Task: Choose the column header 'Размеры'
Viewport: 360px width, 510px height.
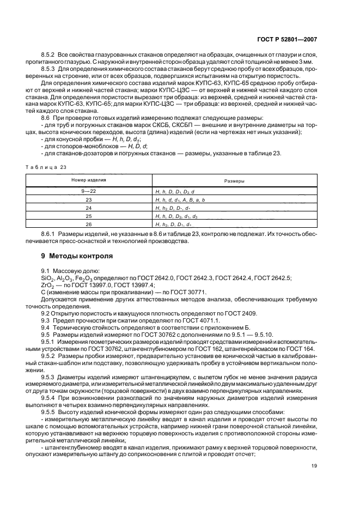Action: tap(235, 180)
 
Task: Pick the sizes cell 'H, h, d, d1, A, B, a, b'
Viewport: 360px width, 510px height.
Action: tap(180, 199)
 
